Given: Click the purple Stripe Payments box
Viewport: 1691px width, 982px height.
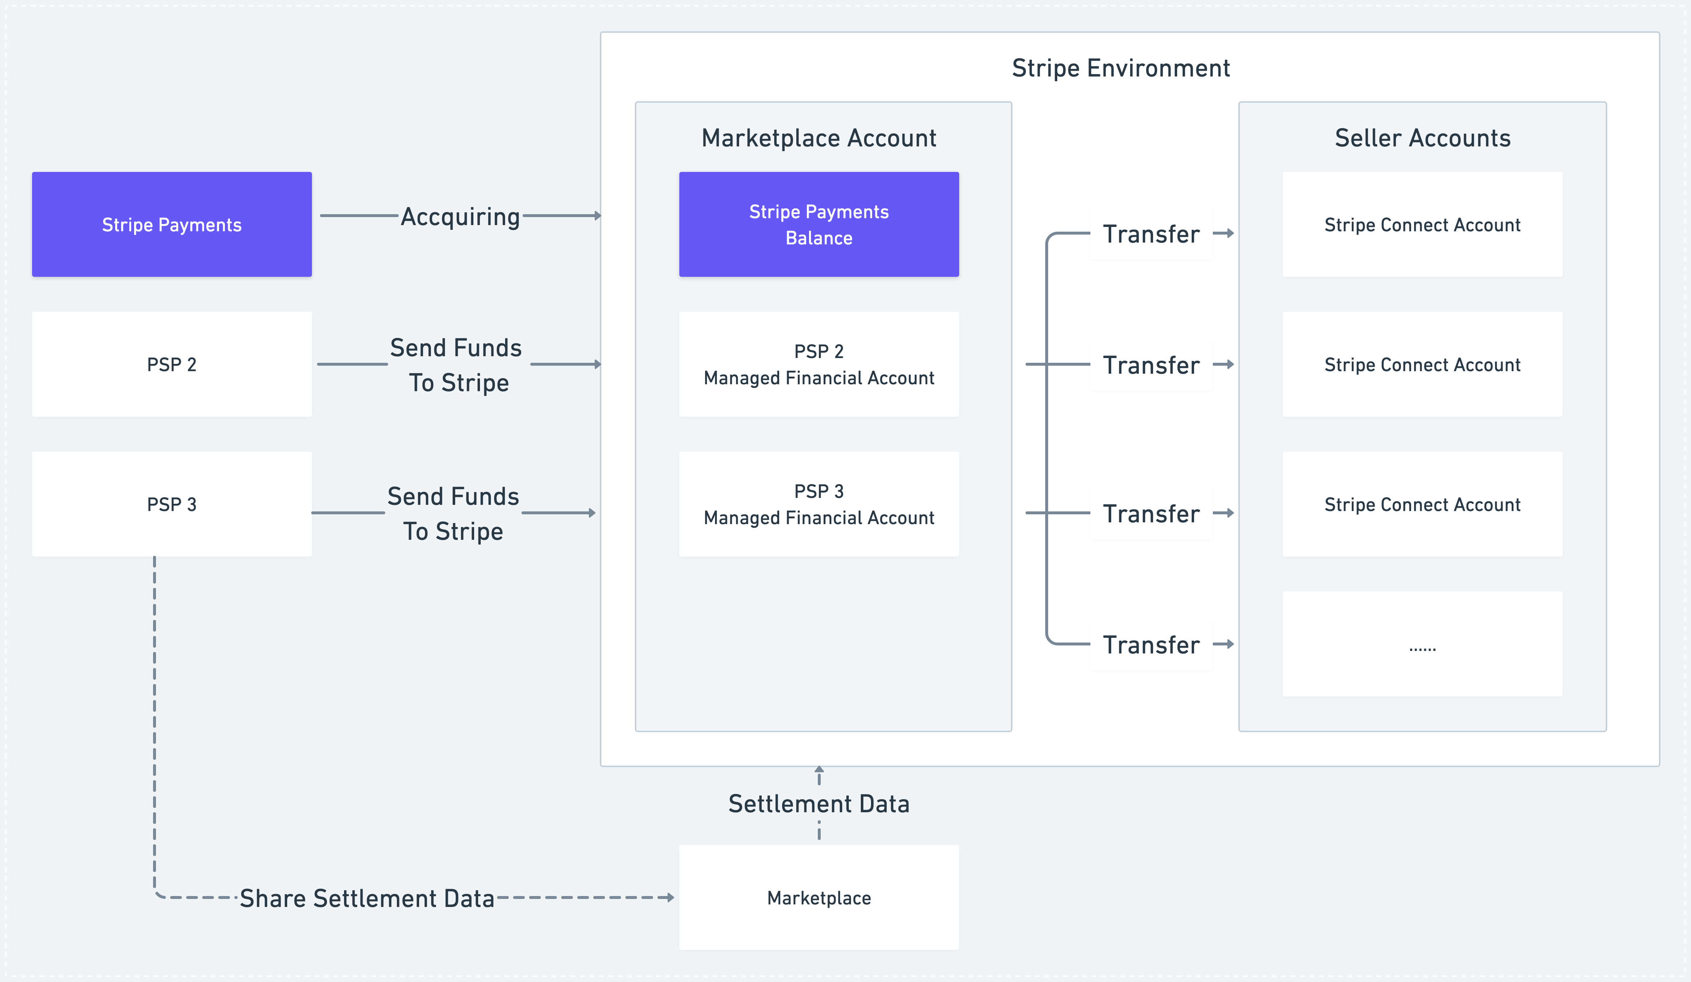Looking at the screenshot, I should (172, 224).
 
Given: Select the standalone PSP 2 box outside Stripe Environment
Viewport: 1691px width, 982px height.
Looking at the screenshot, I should (172, 364).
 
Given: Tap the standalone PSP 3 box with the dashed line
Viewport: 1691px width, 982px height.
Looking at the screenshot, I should (172, 504).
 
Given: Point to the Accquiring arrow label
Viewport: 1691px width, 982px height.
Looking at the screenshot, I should (460, 217).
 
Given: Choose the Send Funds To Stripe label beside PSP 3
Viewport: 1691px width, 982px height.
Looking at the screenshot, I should (454, 514).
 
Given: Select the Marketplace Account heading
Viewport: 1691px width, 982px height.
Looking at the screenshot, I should (819, 138).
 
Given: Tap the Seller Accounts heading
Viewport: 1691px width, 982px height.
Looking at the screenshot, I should (1422, 138).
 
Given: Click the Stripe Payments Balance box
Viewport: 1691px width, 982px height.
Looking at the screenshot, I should (819, 224).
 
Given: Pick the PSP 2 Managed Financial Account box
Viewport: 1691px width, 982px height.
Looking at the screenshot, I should (819, 364).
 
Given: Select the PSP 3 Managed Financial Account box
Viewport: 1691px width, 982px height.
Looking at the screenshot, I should (819, 504).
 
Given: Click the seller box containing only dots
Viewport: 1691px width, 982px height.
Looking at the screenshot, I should (1422, 644).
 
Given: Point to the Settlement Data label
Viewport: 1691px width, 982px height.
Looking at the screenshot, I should (819, 804).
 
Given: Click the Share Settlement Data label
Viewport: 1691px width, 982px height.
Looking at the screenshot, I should (367, 898).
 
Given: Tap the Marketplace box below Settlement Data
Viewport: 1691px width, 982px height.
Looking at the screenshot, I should (819, 897).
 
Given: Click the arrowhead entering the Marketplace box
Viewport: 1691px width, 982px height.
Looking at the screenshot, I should (670, 897).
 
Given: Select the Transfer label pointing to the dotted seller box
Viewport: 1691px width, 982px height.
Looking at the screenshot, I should (1151, 645).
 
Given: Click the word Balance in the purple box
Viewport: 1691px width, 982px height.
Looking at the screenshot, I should (819, 238).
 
